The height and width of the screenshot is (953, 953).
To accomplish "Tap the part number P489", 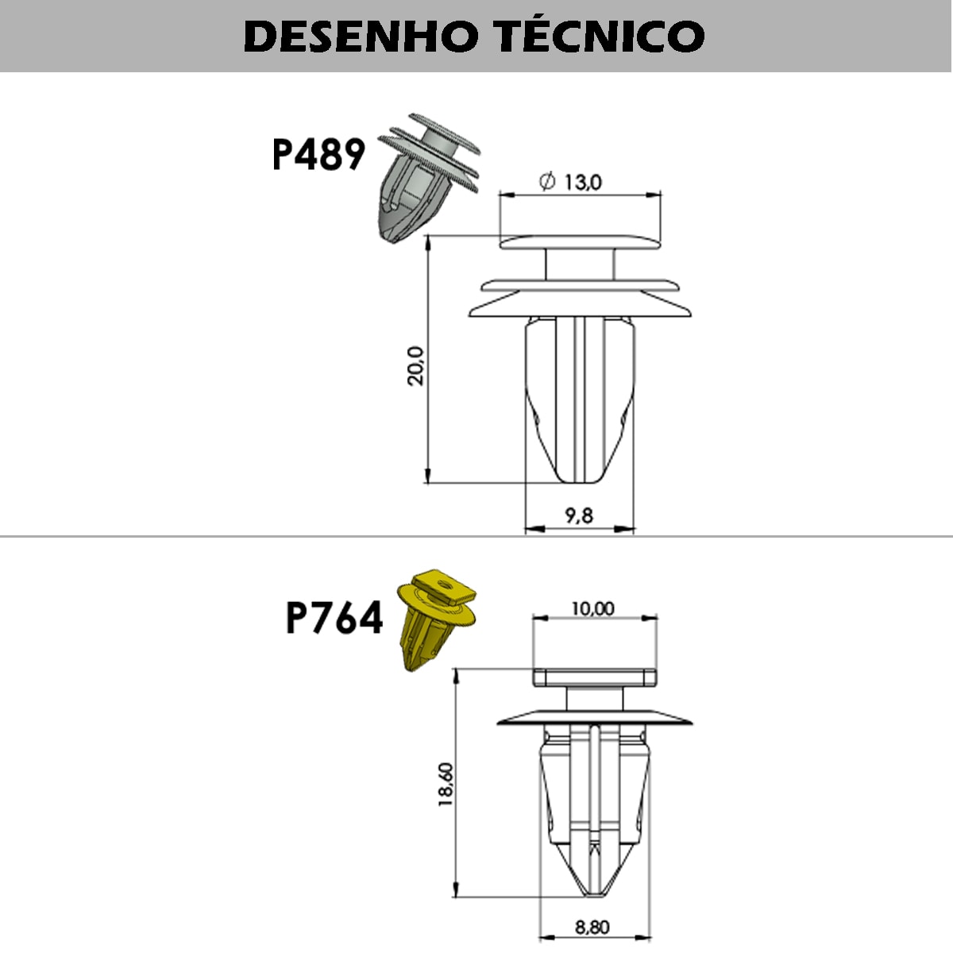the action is click(319, 155).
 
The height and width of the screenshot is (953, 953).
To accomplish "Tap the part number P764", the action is click(334, 618).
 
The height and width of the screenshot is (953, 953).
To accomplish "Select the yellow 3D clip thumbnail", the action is click(436, 621).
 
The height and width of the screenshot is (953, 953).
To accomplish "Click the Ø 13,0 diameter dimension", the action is click(570, 182).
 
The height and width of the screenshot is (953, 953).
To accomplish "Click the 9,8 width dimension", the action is click(579, 516).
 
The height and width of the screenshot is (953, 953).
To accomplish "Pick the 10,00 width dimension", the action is click(593, 608).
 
